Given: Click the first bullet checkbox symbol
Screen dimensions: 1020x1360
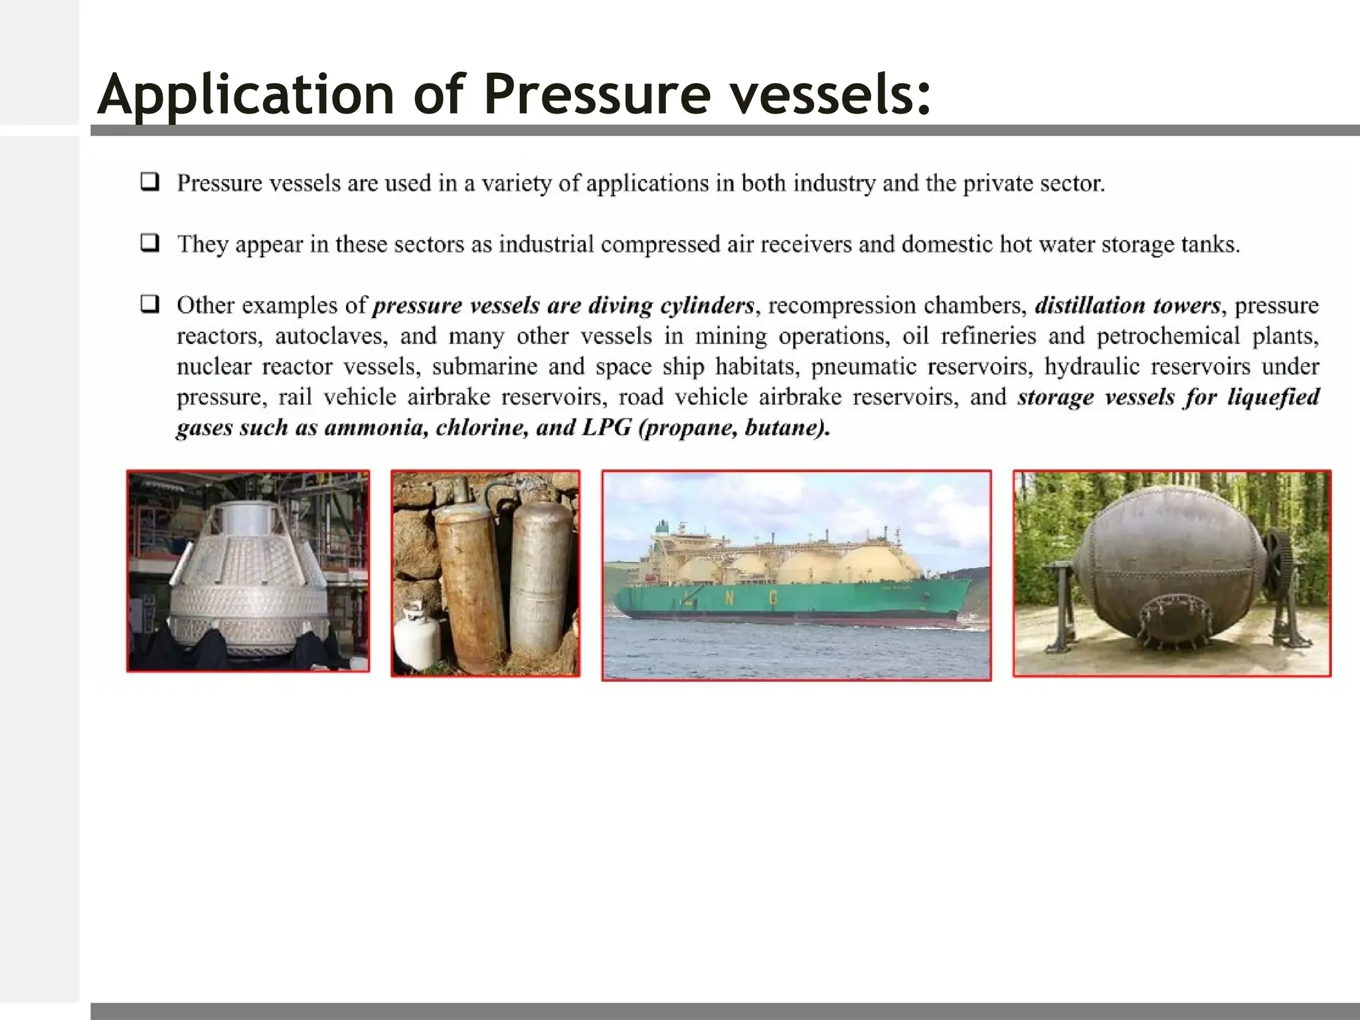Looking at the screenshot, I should click(150, 182).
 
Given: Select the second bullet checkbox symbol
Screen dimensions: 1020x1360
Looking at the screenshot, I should click(150, 243).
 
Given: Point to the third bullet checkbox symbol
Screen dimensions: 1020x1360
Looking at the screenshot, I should click(150, 305).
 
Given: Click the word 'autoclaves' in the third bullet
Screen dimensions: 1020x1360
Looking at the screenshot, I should click(330, 336).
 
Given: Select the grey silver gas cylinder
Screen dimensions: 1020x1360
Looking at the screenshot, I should click(541, 578).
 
